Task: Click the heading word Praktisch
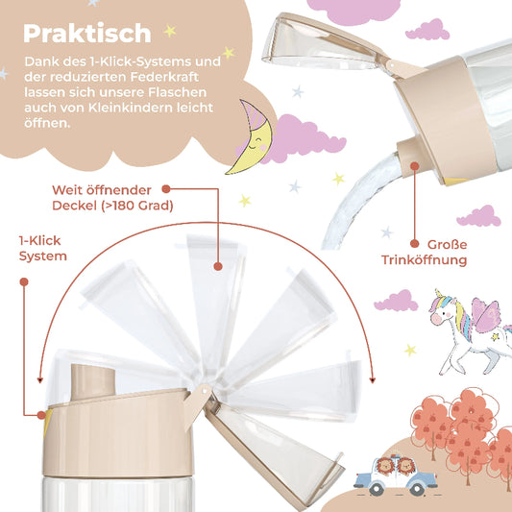(x=87, y=33)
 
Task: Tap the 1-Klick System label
(x=42, y=247)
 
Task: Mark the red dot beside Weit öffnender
(x=164, y=190)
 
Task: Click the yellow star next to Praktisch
(x=169, y=31)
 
